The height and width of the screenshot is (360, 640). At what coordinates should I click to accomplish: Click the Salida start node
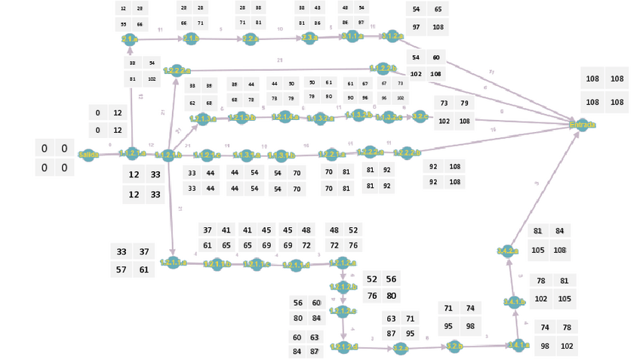click(88, 155)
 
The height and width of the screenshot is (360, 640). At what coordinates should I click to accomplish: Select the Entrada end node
click(582, 125)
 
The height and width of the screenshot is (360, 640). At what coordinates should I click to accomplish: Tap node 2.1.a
click(129, 39)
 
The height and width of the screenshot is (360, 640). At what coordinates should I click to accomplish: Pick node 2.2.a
click(251, 39)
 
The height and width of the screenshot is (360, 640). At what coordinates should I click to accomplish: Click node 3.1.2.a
click(392, 35)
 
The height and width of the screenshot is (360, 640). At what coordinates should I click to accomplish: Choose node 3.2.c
click(419, 116)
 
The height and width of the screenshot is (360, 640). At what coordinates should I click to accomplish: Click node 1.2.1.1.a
click(173, 263)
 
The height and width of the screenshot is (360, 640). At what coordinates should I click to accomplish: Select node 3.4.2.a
click(508, 251)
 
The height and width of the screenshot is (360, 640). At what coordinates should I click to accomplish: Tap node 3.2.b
click(454, 347)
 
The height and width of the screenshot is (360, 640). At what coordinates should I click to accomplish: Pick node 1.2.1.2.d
click(343, 347)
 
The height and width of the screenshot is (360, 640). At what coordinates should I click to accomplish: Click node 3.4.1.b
click(512, 302)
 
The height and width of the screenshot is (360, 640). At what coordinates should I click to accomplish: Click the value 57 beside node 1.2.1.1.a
click(122, 269)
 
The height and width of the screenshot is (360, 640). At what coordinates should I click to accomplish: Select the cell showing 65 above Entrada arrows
click(438, 9)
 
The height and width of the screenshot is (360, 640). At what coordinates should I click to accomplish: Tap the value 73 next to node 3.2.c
click(445, 103)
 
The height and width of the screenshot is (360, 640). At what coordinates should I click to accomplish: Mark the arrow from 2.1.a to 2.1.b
click(160, 38)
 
